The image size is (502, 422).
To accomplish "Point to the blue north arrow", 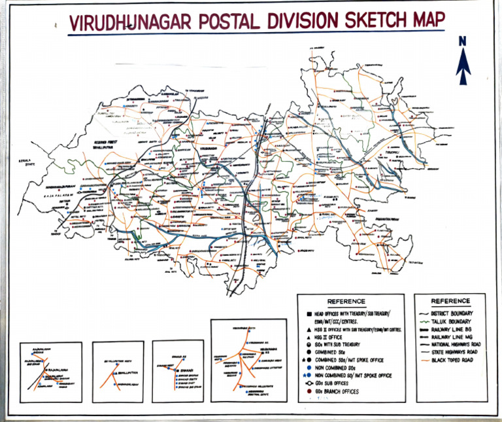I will click(x=463, y=65).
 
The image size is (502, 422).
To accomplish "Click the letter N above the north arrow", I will click(x=463, y=41).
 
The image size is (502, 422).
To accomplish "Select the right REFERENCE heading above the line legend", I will click(x=450, y=301).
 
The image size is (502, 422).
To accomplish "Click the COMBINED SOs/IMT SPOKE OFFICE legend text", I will click(x=353, y=360).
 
